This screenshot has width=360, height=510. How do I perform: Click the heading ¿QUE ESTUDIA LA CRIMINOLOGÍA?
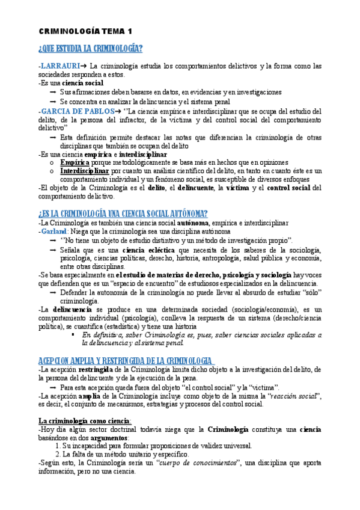[90, 49]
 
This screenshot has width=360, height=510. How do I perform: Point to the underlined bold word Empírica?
[75, 162]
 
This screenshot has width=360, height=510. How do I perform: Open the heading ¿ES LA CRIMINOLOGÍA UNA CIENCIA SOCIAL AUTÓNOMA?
[123, 214]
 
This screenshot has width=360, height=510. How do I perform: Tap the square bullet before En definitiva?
[74, 334]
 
